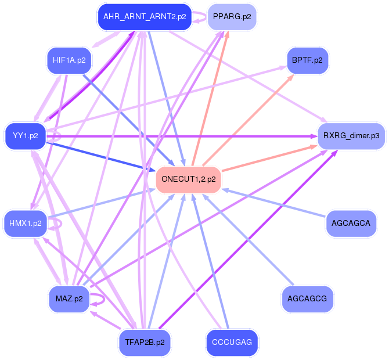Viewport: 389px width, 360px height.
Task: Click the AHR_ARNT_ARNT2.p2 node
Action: coord(145,17)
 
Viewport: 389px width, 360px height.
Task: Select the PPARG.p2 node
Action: coord(231,17)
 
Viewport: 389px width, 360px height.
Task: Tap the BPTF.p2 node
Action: coord(307,60)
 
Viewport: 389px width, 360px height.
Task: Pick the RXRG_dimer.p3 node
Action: coord(351,136)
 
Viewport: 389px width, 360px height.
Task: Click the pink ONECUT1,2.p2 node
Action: coord(189,179)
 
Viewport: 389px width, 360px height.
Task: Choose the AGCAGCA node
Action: coord(351,222)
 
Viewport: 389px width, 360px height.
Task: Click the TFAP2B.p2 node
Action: coord(145,342)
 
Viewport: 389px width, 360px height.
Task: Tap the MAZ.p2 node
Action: coord(69,299)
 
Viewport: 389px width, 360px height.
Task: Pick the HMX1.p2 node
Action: coord(26,223)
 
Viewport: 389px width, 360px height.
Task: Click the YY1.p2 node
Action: coord(26,136)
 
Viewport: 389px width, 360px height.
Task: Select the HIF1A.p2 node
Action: coord(69,60)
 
